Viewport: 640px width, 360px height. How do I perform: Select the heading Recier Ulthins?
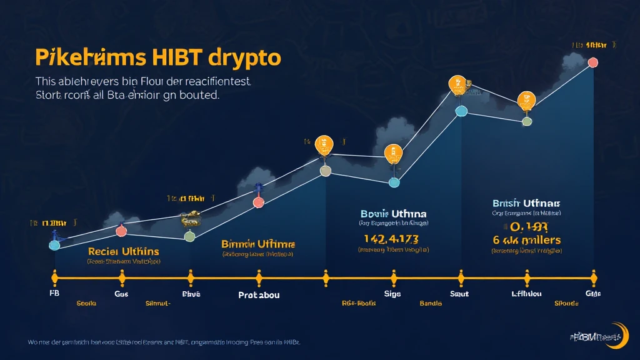click(124, 251)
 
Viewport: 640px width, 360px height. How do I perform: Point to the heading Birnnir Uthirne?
click(258, 244)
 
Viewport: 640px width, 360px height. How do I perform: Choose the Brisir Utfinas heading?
click(527, 204)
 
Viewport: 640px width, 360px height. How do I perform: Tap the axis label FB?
click(54, 293)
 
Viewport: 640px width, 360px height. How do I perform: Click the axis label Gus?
click(121, 293)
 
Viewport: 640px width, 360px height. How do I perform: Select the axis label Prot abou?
click(259, 294)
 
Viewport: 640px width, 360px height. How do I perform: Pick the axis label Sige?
click(392, 293)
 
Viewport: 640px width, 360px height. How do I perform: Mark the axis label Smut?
click(459, 293)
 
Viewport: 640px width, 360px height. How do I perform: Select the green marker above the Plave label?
click(190, 236)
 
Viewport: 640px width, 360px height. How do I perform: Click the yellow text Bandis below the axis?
click(431, 303)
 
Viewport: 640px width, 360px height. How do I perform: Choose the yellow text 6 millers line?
click(527, 239)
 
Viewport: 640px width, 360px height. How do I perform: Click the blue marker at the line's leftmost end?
click(54, 245)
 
